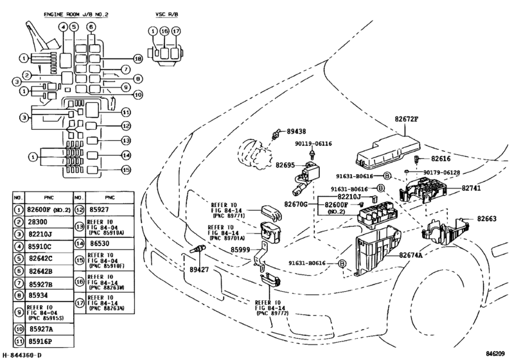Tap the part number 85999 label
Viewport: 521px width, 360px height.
click(242, 250)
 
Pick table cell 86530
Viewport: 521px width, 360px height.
click(100, 244)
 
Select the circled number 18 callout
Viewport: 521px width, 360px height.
click(137, 59)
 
